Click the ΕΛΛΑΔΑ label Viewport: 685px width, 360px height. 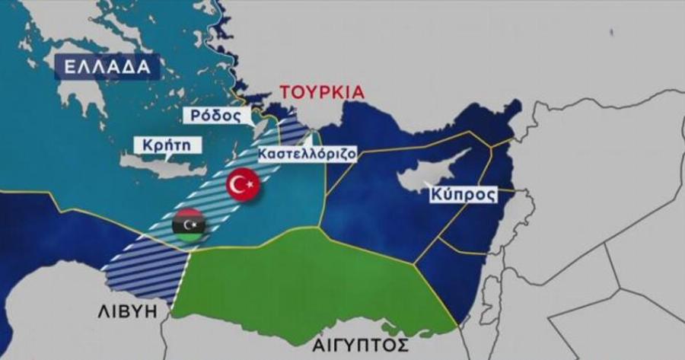tap(107, 66)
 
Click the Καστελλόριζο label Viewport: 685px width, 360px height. tap(307, 153)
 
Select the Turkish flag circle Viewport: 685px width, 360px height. tap(244, 183)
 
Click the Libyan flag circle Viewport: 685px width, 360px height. tap(189, 226)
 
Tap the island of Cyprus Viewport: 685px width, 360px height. tap(434, 175)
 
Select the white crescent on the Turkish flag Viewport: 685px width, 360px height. tap(241, 183)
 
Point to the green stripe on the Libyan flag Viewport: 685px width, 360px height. tap(189, 237)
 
